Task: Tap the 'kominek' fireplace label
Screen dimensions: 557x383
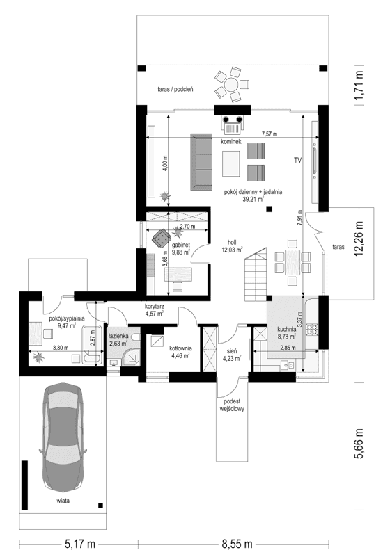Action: coord(231,141)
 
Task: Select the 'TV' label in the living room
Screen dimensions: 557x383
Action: coord(297,161)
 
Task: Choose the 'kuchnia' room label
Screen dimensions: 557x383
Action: coord(286,329)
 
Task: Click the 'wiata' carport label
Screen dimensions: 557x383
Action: coord(67,500)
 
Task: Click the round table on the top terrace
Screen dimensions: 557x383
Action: coord(231,83)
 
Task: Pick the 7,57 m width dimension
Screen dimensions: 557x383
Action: coord(269,133)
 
